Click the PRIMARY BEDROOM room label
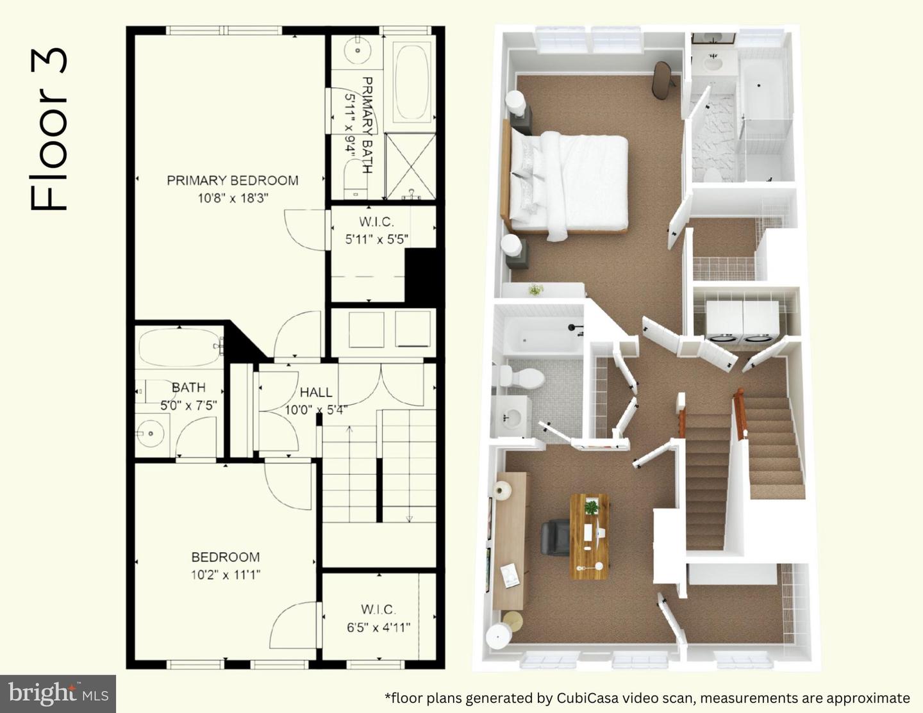pos(232,181)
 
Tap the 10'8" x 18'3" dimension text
pos(233,198)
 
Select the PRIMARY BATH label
pos(367,125)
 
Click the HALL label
pos(316,392)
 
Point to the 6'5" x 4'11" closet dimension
pos(378,627)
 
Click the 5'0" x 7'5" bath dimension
pos(188,406)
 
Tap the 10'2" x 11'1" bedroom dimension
pos(226,575)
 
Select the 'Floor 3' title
pos(48,129)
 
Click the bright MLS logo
pos(58,693)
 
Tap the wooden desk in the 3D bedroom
pos(588,536)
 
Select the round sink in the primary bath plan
pos(357,51)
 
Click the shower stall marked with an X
pos(410,166)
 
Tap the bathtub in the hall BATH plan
pos(179,348)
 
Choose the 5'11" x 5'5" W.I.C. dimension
pos(376,240)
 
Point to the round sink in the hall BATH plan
pos(151,433)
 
